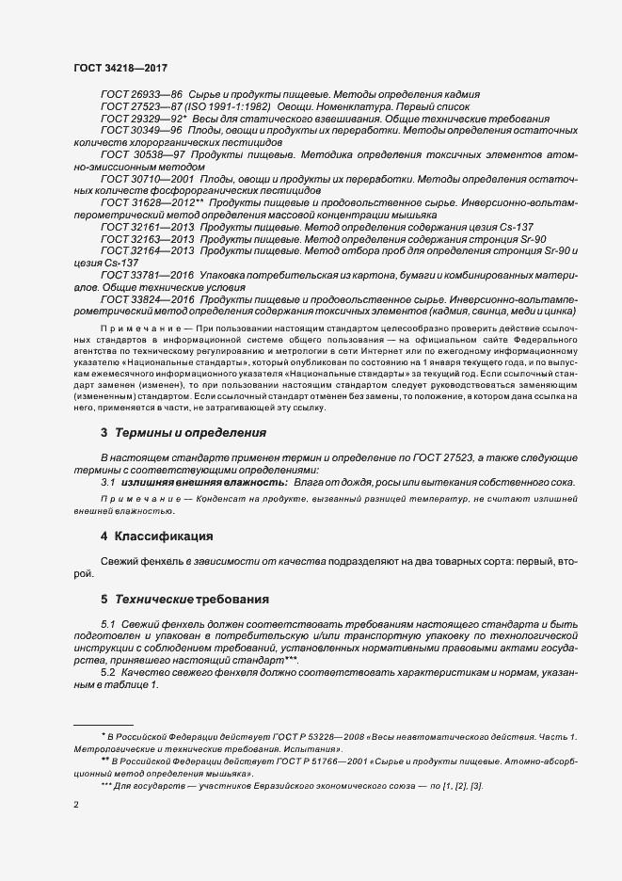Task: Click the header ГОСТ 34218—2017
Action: point(120,69)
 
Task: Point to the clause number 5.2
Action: point(107,673)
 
